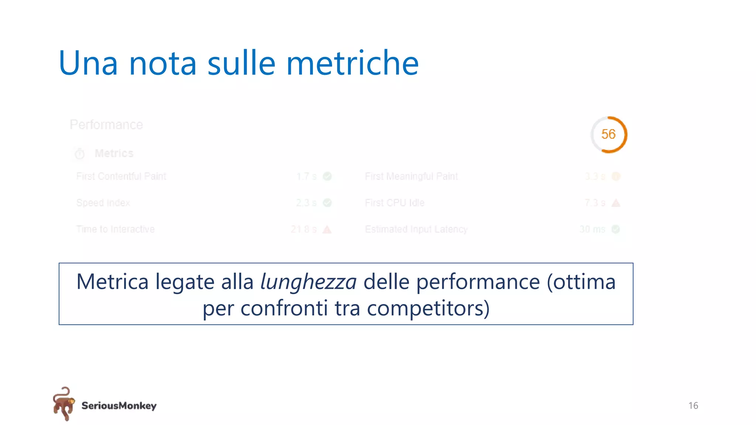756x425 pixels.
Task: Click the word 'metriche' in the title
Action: pos(353,63)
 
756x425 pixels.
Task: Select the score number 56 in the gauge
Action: pos(608,134)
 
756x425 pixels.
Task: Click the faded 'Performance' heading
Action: pos(106,125)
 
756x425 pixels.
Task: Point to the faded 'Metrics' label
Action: pos(114,153)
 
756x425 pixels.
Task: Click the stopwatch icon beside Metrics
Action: pos(79,154)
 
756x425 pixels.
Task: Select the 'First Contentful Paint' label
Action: pos(121,176)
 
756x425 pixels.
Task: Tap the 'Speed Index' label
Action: pos(103,203)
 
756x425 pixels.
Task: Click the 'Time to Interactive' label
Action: pos(115,229)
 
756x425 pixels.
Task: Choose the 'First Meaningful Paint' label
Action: pos(411,176)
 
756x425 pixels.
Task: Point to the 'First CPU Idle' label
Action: pos(395,203)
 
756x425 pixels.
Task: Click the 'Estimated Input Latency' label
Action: pos(416,229)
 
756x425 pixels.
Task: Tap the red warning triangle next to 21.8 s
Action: pos(327,230)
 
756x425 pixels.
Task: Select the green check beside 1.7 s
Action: pos(327,176)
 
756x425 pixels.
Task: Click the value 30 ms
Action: pos(592,229)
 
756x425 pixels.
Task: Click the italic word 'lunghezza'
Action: pos(308,282)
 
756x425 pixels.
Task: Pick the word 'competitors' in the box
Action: pos(425,308)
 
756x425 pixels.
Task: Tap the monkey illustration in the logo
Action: pos(63,404)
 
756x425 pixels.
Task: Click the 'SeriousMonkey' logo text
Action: pos(119,406)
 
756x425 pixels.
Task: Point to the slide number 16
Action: pos(693,406)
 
